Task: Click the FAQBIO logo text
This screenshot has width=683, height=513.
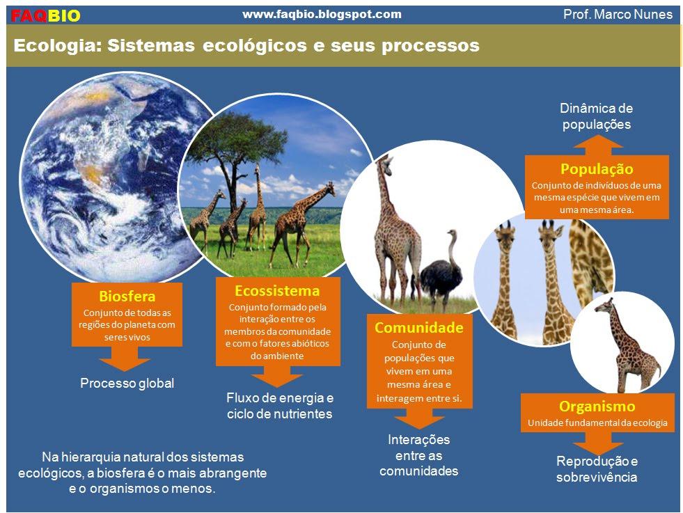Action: pos(46,15)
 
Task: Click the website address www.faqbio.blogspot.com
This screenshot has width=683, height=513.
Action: pos(322,14)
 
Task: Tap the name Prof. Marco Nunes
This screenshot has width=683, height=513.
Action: pos(618,14)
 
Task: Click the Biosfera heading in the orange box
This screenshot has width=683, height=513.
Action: pos(127,297)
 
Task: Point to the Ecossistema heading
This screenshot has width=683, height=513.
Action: pos(277,290)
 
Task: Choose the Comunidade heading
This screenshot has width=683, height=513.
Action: pos(418,327)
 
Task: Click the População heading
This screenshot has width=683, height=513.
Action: pos(597,169)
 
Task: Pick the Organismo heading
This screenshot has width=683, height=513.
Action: pos(597,407)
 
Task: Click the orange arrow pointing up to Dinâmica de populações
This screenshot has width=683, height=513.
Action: pos(597,144)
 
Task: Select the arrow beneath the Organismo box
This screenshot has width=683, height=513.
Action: pos(597,443)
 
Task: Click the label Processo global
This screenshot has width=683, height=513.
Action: pos(127,384)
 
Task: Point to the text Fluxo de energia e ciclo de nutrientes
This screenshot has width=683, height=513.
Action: pos(280,406)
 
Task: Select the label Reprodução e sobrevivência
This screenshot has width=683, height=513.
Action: pos(597,469)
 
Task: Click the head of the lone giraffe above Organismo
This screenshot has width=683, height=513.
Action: pos(602,305)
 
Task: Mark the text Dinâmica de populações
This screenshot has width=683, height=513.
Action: pos(597,116)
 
